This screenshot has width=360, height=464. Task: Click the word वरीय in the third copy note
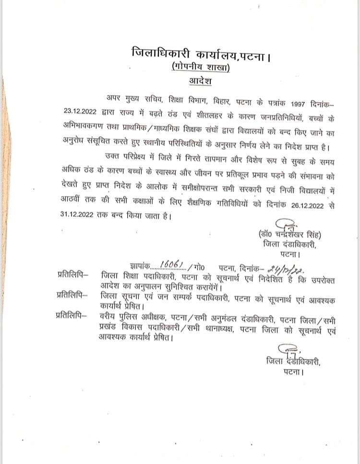pos(110,316)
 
